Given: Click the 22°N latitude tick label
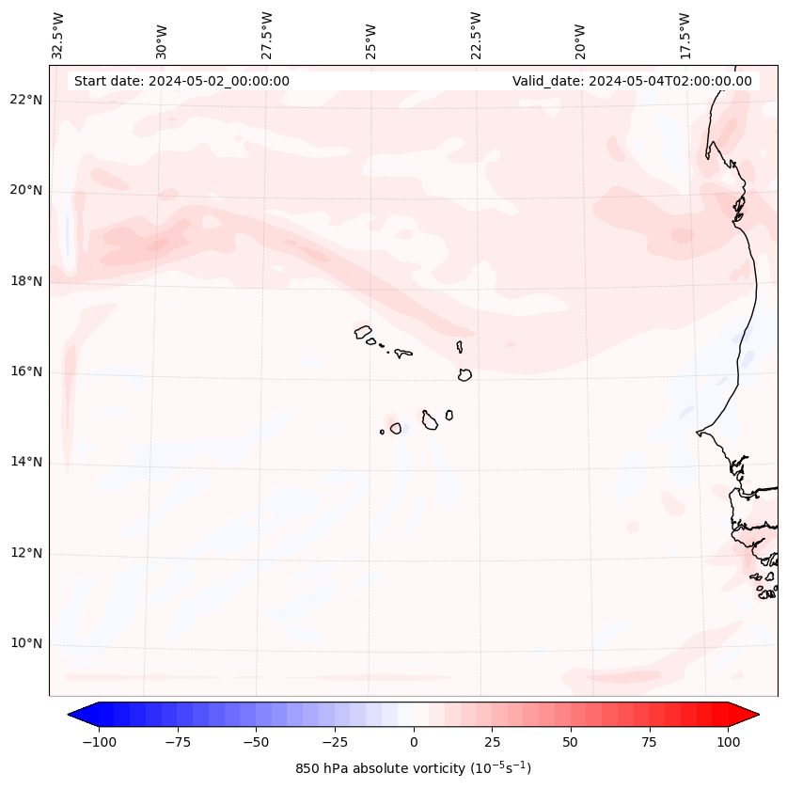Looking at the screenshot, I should coord(26,101).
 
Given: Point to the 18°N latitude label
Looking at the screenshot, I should coord(26,281).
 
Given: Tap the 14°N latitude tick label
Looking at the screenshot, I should coord(26,462).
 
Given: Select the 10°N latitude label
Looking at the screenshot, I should coord(26,643).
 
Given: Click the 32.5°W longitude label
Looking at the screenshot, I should coord(58,36).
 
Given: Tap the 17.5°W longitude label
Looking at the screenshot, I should coord(685,36).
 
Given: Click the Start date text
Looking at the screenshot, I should coord(181,81).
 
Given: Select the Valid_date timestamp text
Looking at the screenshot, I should coord(632,81).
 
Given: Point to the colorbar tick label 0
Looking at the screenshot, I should coord(414,742).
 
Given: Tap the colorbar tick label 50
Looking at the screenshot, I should coord(571,742).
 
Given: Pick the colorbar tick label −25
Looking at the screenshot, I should coord(335,742).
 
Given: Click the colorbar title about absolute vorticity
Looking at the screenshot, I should coord(414,768).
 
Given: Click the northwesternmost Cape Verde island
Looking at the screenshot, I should coord(363,331).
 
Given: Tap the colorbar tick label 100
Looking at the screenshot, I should coord(728,742).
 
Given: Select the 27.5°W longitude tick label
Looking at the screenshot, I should coord(267,36).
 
